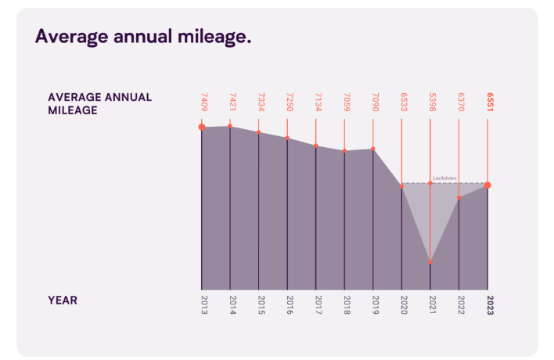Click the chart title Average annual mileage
(143, 37)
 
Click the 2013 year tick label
(201, 304)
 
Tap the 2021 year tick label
(430, 304)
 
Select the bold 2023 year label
(488, 304)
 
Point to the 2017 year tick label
(316, 304)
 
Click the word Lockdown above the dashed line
(444, 178)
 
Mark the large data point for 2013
(201, 127)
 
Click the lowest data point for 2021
(430, 261)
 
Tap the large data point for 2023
(487, 185)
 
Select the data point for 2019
(373, 149)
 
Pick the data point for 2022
(459, 197)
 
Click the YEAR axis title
(63, 300)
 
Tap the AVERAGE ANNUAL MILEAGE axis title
(100, 103)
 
